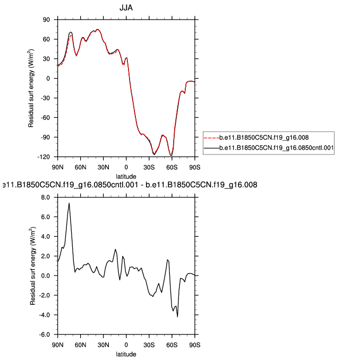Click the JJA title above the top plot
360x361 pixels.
click(126, 7)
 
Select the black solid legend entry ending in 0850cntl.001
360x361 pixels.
click(268, 148)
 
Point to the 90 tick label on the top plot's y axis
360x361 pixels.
click(46, 20)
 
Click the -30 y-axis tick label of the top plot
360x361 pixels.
click(45, 98)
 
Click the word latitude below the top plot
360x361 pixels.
click(126, 176)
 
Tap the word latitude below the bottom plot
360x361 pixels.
click(126, 353)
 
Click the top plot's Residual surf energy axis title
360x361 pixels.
click(32, 88)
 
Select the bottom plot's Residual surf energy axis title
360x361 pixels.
click(32, 265)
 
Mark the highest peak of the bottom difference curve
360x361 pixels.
click(69, 203)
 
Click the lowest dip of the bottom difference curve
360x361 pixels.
click(177, 316)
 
